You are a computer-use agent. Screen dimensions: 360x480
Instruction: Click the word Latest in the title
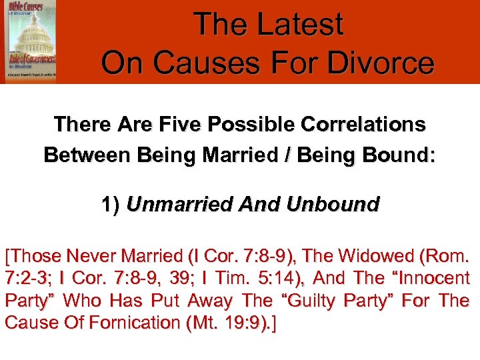pyautogui.click(x=299, y=25)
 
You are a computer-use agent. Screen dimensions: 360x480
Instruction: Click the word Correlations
pyautogui.click(x=360, y=125)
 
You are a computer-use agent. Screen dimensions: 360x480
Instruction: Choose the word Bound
pyautogui.click(x=398, y=156)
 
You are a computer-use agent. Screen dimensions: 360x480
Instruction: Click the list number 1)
pyautogui.click(x=111, y=203)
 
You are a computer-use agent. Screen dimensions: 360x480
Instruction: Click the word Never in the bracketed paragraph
pyautogui.click(x=87, y=255)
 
